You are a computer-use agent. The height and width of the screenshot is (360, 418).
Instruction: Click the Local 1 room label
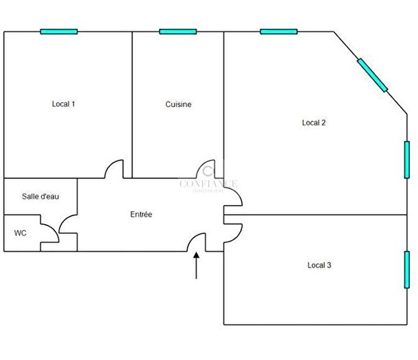[63, 104]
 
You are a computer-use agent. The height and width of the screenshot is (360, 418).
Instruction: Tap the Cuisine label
[178, 105]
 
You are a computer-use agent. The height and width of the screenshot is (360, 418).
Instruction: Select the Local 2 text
[314, 123]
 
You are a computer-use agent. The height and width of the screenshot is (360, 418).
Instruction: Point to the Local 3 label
[319, 265]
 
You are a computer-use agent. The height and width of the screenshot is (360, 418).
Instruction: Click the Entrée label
[141, 215]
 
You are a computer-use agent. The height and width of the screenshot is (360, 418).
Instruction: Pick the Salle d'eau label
[40, 197]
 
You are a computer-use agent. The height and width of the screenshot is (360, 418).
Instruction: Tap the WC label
[21, 233]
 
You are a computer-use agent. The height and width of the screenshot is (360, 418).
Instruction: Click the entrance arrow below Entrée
[197, 266]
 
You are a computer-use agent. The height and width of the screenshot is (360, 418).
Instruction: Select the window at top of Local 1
[59, 32]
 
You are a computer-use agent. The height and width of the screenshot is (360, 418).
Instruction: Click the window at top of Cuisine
[178, 32]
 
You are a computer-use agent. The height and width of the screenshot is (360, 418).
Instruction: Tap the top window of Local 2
[279, 32]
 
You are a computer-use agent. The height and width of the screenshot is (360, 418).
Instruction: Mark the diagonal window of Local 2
[372, 75]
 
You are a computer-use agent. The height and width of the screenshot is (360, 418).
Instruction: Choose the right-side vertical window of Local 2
[406, 160]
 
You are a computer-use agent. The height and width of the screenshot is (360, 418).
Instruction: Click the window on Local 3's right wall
[406, 269]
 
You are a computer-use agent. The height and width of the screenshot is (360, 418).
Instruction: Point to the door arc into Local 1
[114, 168]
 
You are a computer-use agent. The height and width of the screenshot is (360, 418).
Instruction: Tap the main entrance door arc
[197, 241]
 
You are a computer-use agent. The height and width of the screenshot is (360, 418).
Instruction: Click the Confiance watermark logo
[208, 182]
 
